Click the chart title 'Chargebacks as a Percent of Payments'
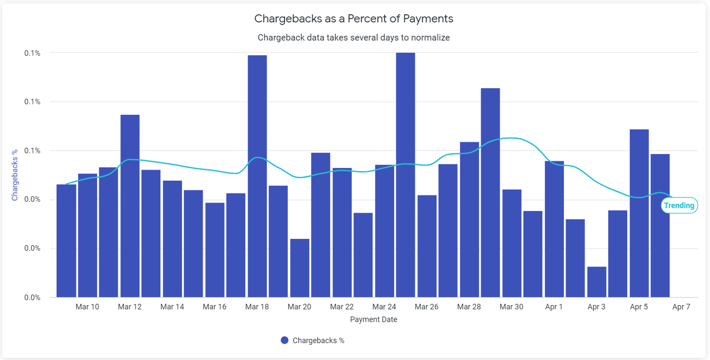coord(354,19)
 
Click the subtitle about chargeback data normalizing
coord(354,38)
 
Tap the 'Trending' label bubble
coord(679,206)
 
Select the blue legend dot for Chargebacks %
coord(284,340)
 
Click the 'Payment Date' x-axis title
coord(373,320)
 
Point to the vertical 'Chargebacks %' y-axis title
coord(15,175)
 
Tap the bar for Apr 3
coord(596,282)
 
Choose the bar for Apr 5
coord(639,213)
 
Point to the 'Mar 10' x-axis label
coord(87,307)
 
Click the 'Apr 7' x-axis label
coord(681,307)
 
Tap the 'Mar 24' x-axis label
coord(384,307)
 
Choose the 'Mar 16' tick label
coord(214,307)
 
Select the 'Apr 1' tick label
coord(554,307)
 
